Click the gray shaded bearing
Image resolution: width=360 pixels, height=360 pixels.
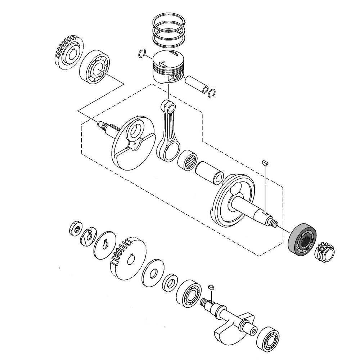302,240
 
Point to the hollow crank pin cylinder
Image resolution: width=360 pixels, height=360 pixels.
210,173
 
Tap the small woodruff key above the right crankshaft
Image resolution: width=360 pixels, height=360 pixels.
265,162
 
